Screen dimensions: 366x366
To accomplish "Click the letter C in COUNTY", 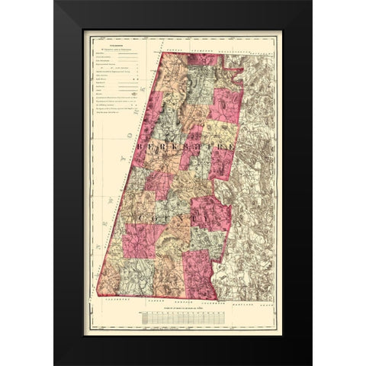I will (142, 219).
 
